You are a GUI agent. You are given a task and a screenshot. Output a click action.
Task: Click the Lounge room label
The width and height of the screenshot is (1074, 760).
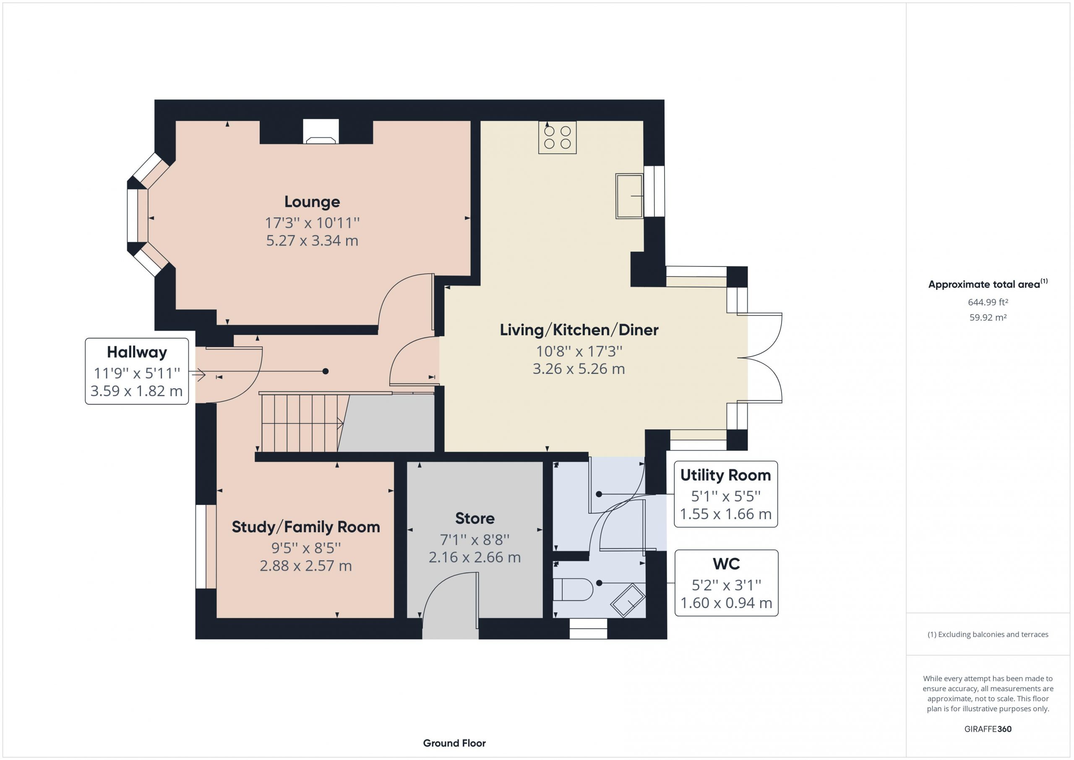point(312,202)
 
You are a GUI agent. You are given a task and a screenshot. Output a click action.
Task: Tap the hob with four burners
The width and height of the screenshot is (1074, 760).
point(557,137)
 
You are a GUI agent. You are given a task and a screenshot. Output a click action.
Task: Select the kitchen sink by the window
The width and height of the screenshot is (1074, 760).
point(630,196)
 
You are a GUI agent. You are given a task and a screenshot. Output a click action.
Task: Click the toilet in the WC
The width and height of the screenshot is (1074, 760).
point(573,590)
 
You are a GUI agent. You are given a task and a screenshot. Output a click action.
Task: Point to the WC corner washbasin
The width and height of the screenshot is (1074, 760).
point(628,600)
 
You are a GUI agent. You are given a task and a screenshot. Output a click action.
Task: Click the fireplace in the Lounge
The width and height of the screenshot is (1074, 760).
point(321,131)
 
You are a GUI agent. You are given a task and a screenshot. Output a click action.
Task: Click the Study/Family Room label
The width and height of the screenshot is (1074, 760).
point(306,527)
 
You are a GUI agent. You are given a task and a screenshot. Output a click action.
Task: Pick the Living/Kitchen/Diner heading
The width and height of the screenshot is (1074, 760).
point(579,330)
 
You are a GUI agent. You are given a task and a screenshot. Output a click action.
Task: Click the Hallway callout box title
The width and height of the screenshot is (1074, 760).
point(137,352)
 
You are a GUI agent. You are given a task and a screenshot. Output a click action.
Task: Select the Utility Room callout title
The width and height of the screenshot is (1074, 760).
point(725,475)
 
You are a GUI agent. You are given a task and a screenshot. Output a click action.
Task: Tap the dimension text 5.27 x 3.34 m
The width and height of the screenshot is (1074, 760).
point(312,240)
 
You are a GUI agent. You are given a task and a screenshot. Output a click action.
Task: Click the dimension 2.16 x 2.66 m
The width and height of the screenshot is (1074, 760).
point(475,557)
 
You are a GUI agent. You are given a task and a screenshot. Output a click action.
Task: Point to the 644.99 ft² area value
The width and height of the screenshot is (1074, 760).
point(988,302)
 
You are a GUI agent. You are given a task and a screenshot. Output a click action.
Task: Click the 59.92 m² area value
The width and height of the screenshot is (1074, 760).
point(988,317)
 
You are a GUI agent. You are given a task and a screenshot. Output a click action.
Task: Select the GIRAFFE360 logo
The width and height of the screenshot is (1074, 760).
point(988,729)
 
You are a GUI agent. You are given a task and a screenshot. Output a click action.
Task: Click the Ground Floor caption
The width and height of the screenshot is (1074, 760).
point(454,743)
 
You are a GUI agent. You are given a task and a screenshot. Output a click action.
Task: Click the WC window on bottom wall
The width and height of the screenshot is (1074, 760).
point(588,629)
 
